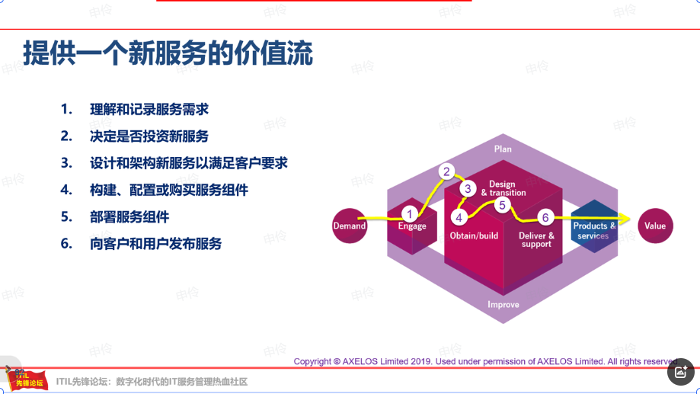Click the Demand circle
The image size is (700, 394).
[x=350, y=226]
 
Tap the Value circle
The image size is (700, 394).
[x=655, y=226]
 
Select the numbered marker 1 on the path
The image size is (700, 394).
[x=409, y=214]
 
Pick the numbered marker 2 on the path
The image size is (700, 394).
[x=446, y=171]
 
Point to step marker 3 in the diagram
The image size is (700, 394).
[x=468, y=188]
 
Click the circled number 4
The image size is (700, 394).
[x=459, y=217]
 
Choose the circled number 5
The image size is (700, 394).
[x=502, y=205]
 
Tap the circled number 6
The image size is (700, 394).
[x=545, y=217]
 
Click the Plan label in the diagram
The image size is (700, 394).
[x=503, y=149]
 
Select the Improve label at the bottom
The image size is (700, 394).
[x=503, y=304]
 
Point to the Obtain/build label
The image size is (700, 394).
[x=474, y=235]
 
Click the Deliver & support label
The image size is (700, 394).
[x=536, y=239]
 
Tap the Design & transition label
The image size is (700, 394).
[x=503, y=188]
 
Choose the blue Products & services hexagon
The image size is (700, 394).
[x=594, y=226]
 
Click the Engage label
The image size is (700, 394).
[x=412, y=226]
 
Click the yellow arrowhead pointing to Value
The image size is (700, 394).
[x=625, y=219]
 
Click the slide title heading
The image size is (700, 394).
[x=168, y=53]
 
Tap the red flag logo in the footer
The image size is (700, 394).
[x=27, y=380]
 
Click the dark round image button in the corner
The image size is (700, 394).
[x=681, y=372]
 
